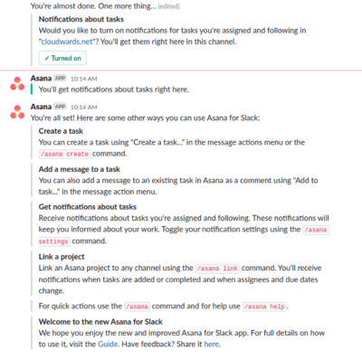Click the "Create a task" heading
[x=64, y=131]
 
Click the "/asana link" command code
[x=217, y=270]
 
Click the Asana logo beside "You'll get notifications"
[x=16, y=83]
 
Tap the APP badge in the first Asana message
[x=61, y=79]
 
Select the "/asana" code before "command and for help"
[x=137, y=307]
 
